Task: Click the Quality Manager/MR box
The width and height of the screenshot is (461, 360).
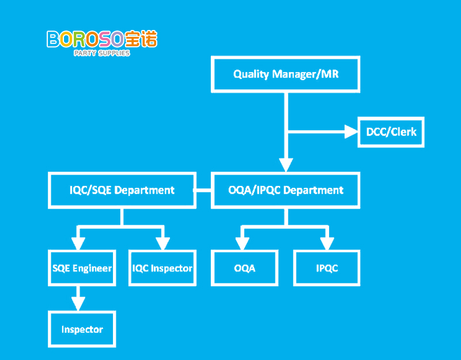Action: [x=286, y=74]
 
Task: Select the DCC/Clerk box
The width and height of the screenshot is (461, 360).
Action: [x=391, y=132]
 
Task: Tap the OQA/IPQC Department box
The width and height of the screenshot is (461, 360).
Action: [x=286, y=190]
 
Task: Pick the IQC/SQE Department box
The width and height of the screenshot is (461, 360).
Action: [x=122, y=190]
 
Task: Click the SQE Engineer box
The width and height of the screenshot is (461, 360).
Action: [x=82, y=268]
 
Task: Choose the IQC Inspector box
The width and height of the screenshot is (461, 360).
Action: [x=162, y=268]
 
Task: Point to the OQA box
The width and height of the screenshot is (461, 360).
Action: [x=245, y=268]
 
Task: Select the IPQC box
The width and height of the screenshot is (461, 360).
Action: [x=327, y=268]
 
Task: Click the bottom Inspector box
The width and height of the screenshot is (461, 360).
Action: [x=82, y=329]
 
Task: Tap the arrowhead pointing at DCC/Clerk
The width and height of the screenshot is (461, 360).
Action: [x=352, y=132]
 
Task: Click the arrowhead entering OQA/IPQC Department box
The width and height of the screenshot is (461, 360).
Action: [x=286, y=165]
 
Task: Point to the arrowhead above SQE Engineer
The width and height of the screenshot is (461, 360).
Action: [x=78, y=244]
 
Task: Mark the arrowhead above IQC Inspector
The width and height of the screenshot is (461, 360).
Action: [x=164, y=244]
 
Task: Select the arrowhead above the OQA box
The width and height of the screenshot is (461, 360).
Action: [x=243, y=244]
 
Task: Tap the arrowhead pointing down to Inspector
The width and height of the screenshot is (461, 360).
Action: [x=78, y=304]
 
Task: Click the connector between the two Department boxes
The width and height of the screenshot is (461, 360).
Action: [x=203, y=190]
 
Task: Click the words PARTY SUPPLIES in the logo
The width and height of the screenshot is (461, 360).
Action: [x=102, y=53]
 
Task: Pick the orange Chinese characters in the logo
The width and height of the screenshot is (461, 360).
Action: [x=140, y=39]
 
